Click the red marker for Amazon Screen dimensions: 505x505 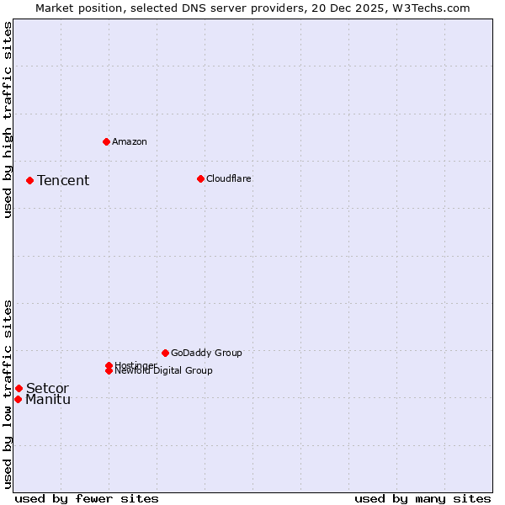[106, 141]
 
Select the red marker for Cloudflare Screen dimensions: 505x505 [200, 178]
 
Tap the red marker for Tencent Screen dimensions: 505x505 [29, 180]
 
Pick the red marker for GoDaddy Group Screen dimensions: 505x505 [165, 353]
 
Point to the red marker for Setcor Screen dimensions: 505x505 [19, 388]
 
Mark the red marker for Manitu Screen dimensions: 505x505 [18, 399]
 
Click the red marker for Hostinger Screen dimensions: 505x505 [109, 365]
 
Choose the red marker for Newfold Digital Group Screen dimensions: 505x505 [109, 370]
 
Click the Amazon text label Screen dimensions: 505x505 [130, 141]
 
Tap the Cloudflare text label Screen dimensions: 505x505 [229, 178]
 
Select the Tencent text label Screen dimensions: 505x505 [63, 180]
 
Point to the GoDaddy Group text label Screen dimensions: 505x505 [206, 353]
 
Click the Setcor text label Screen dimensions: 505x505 [47, 388]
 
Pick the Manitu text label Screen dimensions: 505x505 [48, 399]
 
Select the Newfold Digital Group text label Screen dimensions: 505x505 [164, 371]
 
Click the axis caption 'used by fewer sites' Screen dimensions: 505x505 [87, 499]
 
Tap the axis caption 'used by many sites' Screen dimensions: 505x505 [423, 499]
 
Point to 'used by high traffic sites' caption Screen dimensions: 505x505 [8, 120]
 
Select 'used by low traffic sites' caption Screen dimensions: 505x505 [8, 393]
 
